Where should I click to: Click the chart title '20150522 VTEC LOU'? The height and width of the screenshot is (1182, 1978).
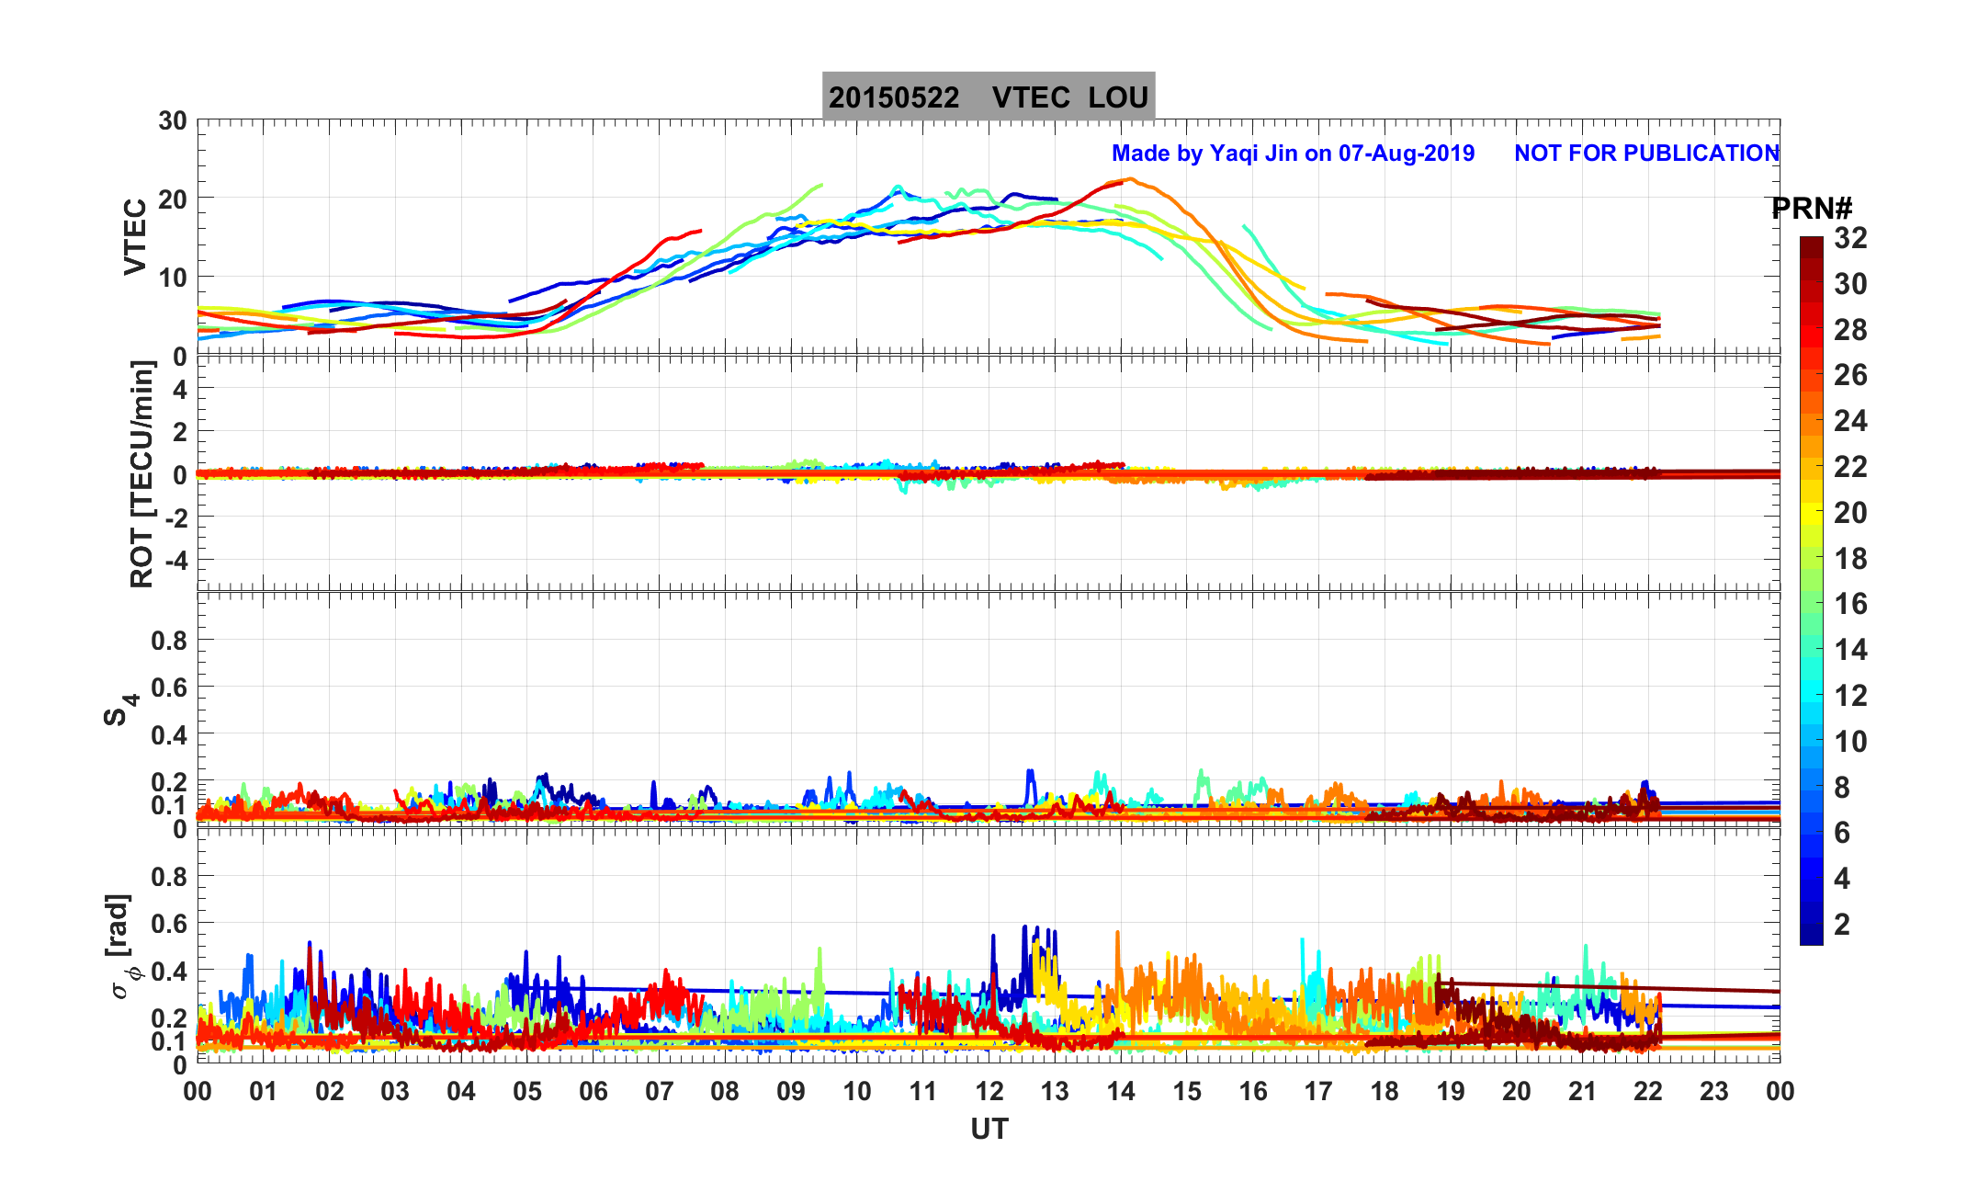[988, 97]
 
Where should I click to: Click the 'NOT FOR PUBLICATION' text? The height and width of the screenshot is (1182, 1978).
[1646, 153]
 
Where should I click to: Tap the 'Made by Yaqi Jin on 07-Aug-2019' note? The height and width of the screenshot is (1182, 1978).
[1293, 153]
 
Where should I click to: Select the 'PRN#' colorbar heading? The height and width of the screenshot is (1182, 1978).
[1812, 209]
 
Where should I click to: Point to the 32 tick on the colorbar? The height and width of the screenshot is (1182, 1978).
[1850, 238]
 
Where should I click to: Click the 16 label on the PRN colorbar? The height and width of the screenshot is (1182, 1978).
[1850, 604]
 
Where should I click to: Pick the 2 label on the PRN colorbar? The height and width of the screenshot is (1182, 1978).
[1842, 924]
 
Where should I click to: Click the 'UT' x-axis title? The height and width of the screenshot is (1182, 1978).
[989, 1129]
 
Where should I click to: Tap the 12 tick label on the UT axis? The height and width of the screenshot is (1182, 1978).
[989, 1092]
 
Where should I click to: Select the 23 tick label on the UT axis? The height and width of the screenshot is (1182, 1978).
[1714, 1092]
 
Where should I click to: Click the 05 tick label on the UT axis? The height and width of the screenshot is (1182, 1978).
[527, 1092]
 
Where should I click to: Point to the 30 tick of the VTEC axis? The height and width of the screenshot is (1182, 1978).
[172, 121]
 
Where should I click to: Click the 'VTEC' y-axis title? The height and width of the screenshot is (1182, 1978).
[135, 237]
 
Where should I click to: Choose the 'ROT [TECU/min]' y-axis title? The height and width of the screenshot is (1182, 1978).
[141, 474]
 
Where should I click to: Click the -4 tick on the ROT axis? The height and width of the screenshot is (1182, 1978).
[172, 560]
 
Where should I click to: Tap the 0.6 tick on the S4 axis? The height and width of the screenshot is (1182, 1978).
[169, 688]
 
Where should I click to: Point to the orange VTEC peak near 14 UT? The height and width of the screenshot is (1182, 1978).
[1131, 180]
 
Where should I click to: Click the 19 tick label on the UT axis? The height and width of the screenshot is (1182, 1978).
[1451, 1092]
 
